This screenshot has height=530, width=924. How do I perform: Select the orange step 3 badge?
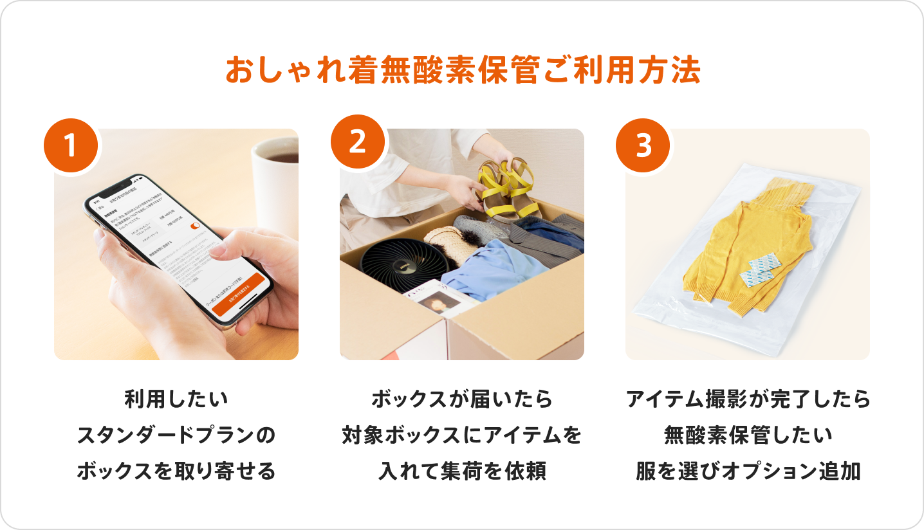coord(643,146)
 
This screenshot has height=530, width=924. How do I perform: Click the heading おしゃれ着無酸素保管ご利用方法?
coord(462,71)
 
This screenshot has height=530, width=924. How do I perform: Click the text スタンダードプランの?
coord(176,435)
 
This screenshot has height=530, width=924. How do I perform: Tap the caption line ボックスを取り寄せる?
coord(176,471)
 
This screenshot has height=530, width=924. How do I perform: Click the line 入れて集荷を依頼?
coord(462,471)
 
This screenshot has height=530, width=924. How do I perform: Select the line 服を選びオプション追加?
coord(748,471)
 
